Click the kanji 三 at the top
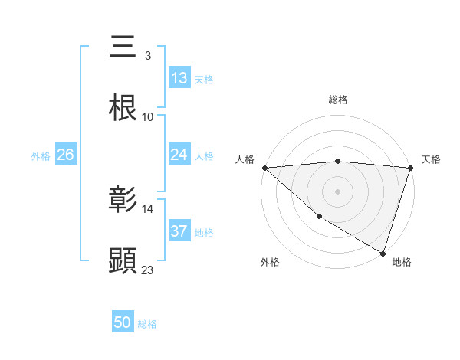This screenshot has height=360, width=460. [x=123, y=47]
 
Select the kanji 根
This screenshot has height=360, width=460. [x=123, y=108]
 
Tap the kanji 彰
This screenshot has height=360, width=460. [x=123, y=200]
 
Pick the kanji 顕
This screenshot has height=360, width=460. [x=123, y=260]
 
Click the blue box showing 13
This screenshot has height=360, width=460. [x=179, y=78]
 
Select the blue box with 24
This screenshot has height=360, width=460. [x=179, y=155]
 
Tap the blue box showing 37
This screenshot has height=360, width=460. [x=179, y=231]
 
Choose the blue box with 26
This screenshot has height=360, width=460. [x=65, y=155]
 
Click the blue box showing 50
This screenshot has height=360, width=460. [x=123, y=323]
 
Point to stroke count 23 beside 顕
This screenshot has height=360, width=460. [x=148, y=270]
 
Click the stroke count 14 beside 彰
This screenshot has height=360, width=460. [x=148, y=208]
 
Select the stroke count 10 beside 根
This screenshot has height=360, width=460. [x=148, y=117]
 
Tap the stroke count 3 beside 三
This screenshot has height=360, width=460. [x=147, y=56]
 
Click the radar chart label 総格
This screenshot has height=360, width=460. [x=337, y=100]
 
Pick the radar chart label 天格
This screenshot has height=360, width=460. [x=432, y=159]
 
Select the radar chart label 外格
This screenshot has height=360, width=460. [x=270, y=262]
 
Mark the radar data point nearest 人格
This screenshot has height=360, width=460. [x=264, y=168]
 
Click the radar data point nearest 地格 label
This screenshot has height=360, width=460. [x=383, y=252]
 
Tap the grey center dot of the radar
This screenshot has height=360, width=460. [x=337, y=191]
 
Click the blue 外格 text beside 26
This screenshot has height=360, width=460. [x=41, y=155]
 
